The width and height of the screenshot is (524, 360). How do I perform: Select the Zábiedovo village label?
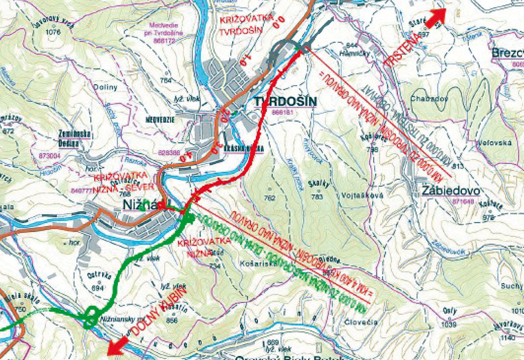tap(451, 191)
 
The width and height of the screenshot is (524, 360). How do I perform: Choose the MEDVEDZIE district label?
tap(163, 118)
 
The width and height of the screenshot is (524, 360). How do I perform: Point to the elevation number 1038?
tap(449, 325)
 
